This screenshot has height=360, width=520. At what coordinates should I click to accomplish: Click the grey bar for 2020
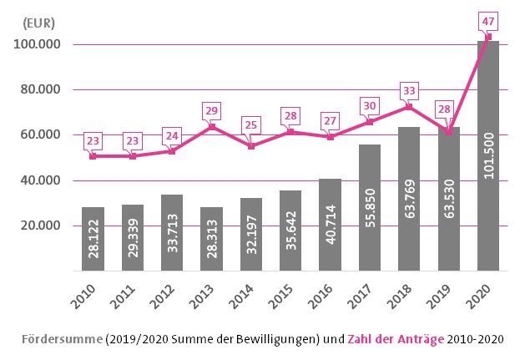488,155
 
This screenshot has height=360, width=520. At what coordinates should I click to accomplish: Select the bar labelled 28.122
93,239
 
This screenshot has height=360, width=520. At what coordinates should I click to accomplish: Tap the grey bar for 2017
370,207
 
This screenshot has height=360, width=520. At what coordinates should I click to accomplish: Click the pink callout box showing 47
488,19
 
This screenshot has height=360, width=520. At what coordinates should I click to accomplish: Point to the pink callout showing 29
212,110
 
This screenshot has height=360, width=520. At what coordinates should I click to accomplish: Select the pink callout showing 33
409,90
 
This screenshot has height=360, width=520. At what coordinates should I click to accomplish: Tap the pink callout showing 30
370,105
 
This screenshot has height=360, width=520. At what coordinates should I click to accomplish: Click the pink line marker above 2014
251,146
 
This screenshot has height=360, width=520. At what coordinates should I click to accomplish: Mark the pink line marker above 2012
172,151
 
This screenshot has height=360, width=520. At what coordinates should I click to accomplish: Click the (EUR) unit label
39,23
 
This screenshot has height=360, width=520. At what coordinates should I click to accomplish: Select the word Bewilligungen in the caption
266,340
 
